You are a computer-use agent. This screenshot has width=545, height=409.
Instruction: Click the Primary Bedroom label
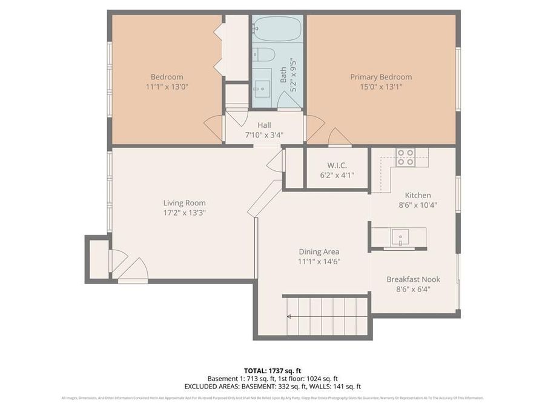[x=381, y=77]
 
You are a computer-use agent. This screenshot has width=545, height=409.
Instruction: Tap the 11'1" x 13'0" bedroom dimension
[x=167, y=87]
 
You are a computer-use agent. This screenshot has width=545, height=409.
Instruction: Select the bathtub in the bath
[x=277, y=28]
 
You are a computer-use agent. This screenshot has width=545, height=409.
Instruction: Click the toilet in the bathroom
[x=263, y=55]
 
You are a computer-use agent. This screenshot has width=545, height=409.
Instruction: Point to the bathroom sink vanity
[x=262, y=87]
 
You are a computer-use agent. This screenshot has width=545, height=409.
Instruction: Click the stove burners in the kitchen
[x=405, y=157]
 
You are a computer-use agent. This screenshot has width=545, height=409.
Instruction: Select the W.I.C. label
[x=337, y=165]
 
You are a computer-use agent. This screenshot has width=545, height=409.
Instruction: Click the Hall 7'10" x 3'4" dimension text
[x=264, y=135]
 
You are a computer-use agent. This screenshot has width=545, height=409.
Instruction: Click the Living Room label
[x=184, y=203]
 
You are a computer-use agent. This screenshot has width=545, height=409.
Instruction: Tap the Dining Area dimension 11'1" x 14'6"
[x=319, y=261]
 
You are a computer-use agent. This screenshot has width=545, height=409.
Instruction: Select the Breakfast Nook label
[x=413, y=279]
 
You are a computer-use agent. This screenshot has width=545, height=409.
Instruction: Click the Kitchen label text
[x=418, y=195]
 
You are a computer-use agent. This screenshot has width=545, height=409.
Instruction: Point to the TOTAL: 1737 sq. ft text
[x=272, y=370]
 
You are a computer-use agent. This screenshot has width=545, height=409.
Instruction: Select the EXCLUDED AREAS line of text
[x=272, y=386]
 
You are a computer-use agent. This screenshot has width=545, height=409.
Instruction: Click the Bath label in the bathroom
[x=283, y=75]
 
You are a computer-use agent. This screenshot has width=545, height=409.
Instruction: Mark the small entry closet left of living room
[x=98, y=259]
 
